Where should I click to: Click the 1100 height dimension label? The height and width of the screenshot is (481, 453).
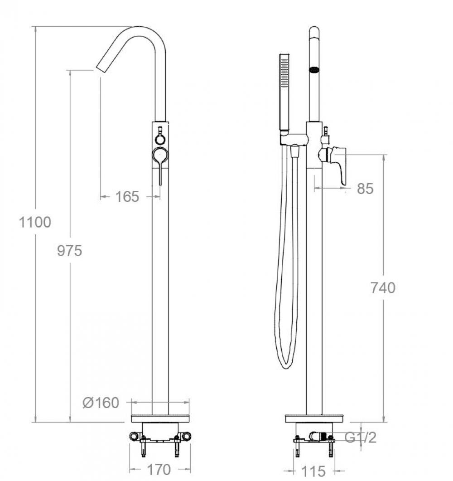(35, 222)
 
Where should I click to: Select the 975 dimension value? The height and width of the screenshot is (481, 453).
(70, 251)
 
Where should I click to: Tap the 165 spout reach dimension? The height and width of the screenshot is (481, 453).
(127, 197)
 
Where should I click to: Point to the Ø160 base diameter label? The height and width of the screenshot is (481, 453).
(101, 403)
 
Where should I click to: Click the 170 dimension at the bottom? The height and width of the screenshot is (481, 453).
(159, 470)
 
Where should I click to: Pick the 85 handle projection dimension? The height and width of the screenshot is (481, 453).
(365, 188)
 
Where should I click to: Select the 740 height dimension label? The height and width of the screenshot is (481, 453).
(383, 288)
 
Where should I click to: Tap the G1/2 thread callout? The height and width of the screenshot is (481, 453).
(361, 437)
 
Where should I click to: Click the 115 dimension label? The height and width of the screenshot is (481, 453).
(313, 471)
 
